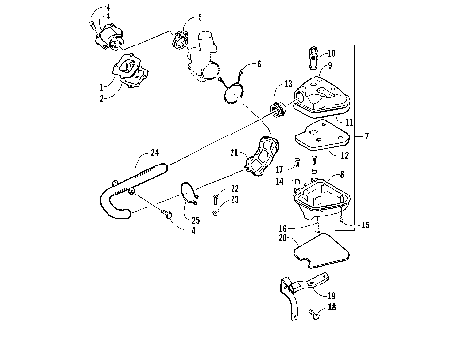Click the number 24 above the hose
154,152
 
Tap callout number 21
234,153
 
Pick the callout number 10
331,53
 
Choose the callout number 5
200,17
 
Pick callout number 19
331,296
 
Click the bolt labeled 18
316,315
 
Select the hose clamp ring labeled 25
191,197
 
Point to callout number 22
234,188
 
